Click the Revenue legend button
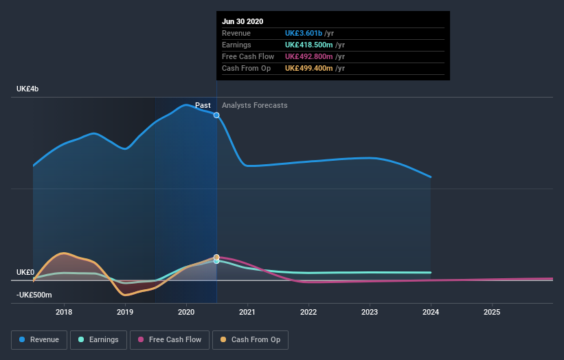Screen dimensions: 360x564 click(x=40, y=339)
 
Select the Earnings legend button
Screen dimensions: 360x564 click(x=98, y=339)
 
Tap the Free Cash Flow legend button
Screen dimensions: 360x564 click(x=169, y=339)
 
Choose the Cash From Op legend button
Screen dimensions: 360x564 click(x=251, y=339)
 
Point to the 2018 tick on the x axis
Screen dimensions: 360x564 click(x=64, y=312)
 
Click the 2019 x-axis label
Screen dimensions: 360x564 click(x=125, y=312)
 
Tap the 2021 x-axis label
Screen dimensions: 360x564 click(x=247, y=312)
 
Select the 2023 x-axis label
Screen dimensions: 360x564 click(x=370, y=312)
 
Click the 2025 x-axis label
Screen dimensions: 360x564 click(x=492, y=312)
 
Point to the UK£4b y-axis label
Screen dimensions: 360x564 click(x=28, y=89)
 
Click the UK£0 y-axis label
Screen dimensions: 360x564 click(x=25, y=273)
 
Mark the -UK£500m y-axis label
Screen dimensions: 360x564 click(x=34, y=295)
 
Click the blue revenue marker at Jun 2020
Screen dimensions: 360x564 click(x=216, y=115)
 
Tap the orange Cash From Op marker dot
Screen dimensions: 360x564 click(x=216, y=258)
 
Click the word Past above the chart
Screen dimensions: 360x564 click(x=203, y=106)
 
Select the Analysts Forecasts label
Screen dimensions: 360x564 click(x=254, y=106)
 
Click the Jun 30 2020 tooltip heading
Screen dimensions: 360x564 click(x=242, y=21)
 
